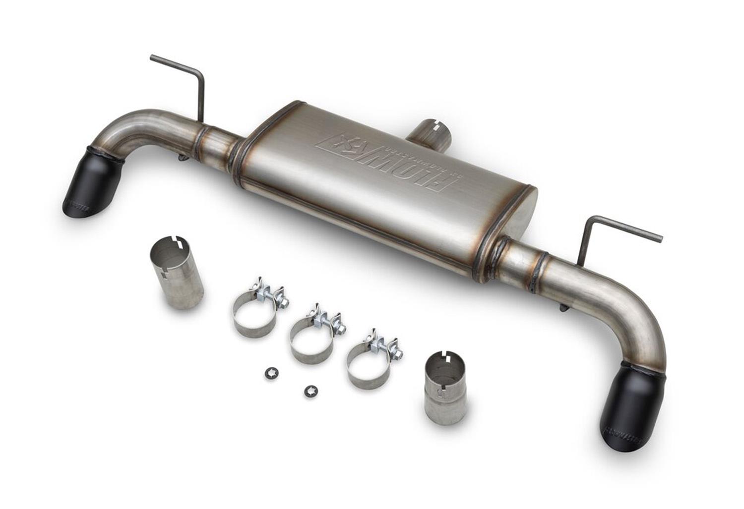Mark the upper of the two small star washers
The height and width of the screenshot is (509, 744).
tap(270, 371)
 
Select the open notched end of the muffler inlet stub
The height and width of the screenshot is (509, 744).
tap(439, 126)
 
